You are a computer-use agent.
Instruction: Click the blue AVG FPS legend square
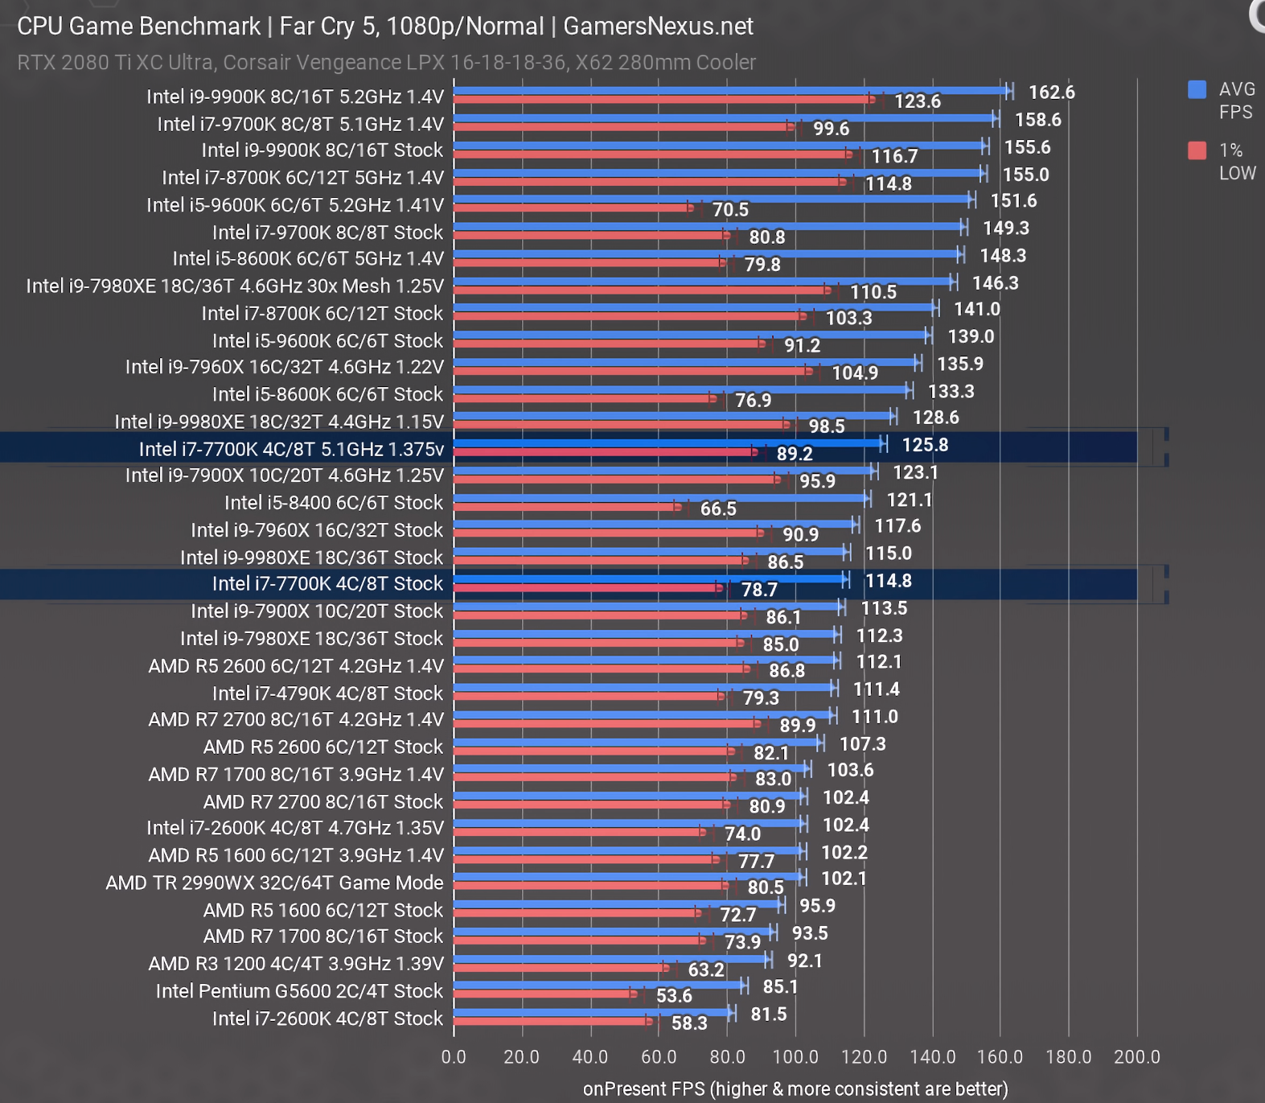(x=1197, y=89)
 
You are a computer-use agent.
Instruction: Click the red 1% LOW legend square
(x=1197, y=150)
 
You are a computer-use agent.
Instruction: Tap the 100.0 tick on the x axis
(x=795, y=1056)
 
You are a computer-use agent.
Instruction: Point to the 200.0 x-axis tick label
(x=1136, y=1056)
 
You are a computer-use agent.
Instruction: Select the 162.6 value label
(x=1051, y=93)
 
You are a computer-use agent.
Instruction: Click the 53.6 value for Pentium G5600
(x=674, y=996)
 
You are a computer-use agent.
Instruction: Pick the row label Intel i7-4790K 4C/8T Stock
(x=327, y=693)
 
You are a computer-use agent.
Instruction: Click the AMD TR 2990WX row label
(x=274, y=883)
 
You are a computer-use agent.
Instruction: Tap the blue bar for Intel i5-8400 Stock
(x=659, y=498)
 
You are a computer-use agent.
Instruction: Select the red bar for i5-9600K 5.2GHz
(x=571, y=208)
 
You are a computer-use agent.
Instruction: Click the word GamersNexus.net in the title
(x=658, y=27)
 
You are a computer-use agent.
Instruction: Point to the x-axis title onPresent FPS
(x=795, y=1089)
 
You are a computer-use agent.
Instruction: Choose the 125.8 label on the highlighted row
(x=925, y=445)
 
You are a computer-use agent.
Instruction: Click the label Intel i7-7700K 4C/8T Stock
(x=327, y=584)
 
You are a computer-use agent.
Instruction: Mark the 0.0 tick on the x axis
(x=454, y=1056)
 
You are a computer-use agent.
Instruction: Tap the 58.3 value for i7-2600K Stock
(x=689, y=1023)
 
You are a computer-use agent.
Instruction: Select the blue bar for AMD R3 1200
(x=611, y=958)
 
